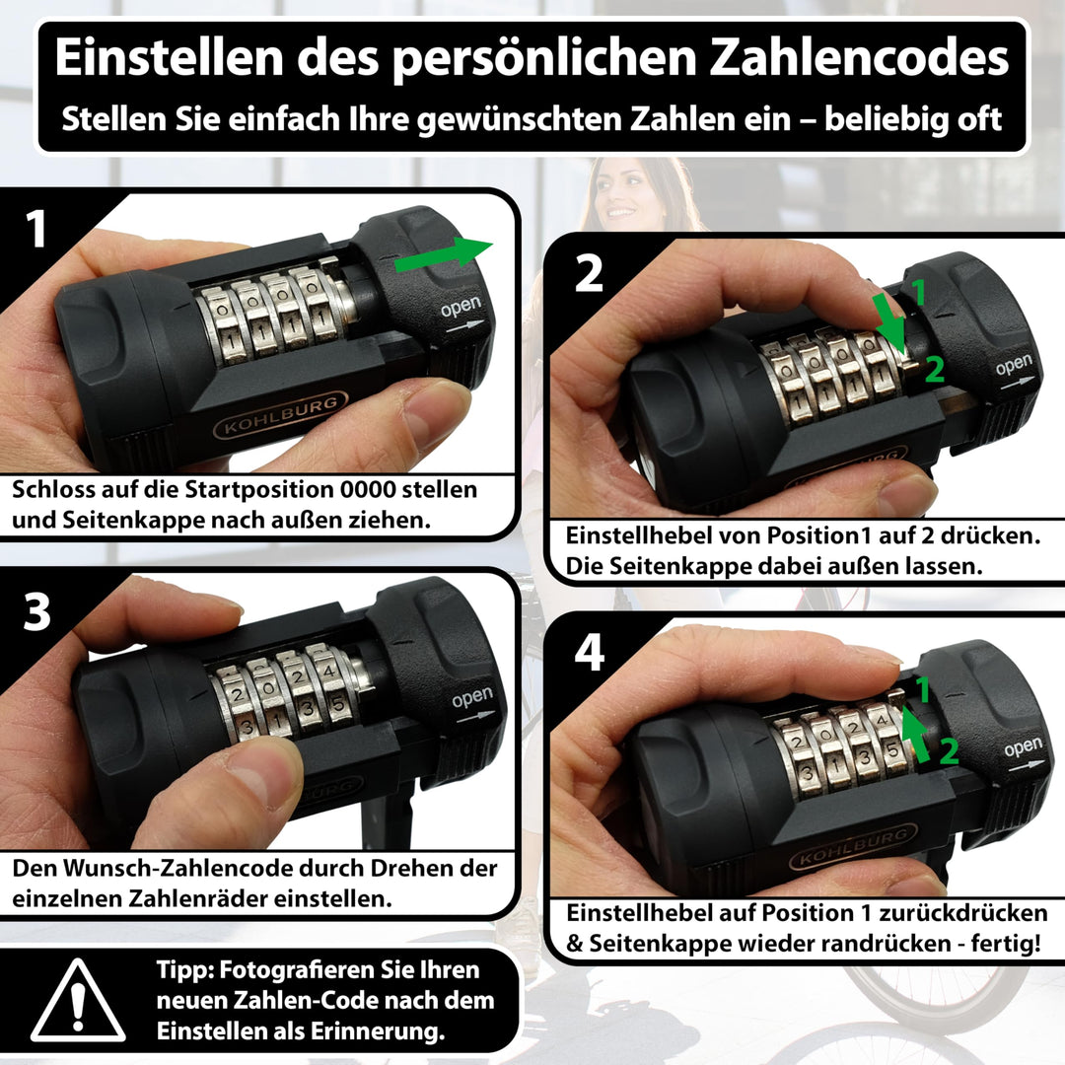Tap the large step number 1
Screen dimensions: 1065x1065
point(36,229)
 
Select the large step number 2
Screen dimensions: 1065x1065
point(588,274)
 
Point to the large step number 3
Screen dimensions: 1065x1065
point(36,611)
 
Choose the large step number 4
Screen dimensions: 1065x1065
point(590,653)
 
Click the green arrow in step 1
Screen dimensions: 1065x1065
point(444,254)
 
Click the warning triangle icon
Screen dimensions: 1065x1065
point(78,1001)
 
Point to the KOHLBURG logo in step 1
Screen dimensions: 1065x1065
point(281,415)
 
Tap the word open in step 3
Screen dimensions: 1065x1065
point(472,697)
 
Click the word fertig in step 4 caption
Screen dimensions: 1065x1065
point(1005,944)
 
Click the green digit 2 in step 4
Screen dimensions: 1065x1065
point(949,751)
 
